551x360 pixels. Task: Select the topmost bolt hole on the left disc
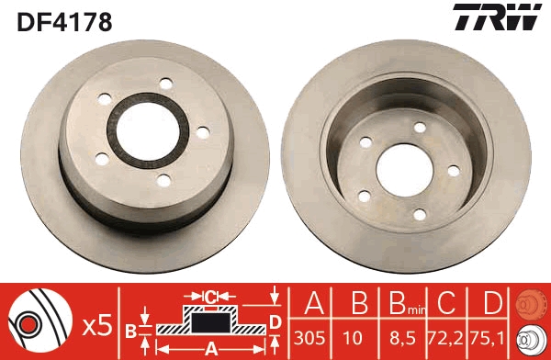[165, 84]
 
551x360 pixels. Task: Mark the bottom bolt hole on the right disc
[420, 214]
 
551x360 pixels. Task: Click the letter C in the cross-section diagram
[210, 297]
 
